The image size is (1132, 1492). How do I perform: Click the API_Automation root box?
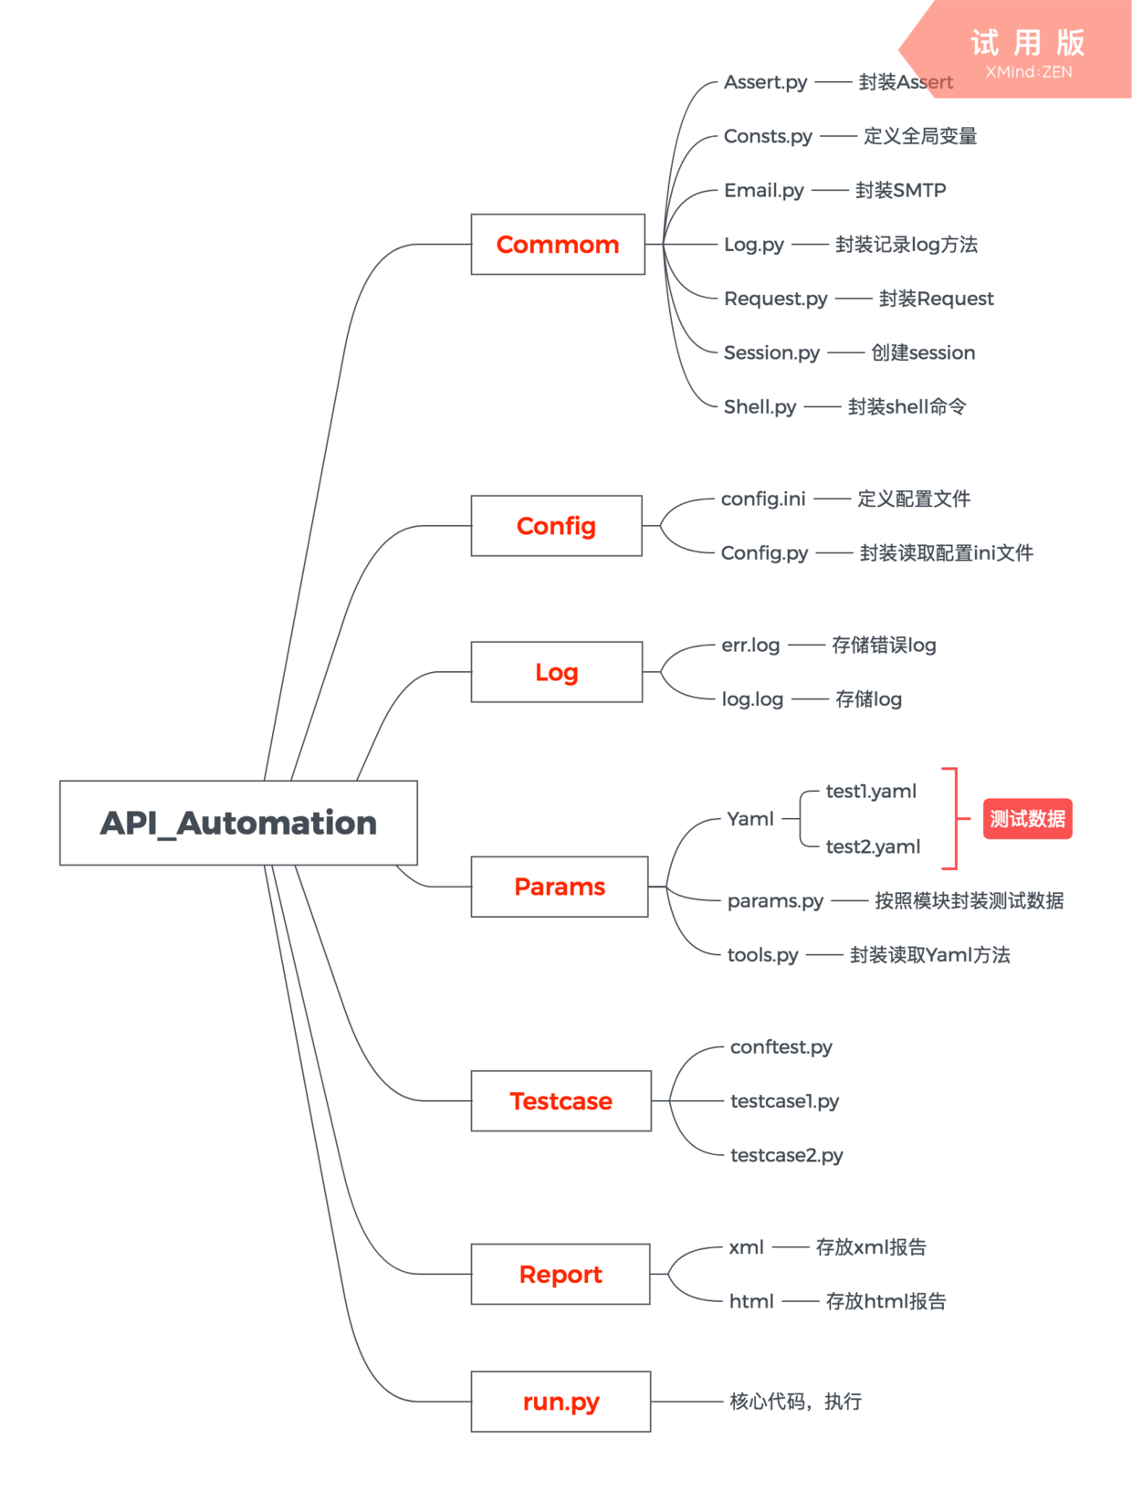[238, 823]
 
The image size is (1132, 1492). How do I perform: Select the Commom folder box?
[558, 245]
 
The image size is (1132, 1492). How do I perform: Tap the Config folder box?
[556, 526]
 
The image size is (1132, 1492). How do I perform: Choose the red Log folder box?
[556, 672]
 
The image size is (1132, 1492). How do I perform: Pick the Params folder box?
[559, 887]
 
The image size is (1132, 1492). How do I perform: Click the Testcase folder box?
[561, 1101]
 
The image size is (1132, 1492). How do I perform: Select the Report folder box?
[560, 1274]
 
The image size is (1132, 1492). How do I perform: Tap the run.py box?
[561, 1402]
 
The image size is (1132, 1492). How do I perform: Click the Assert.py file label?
[765, 82]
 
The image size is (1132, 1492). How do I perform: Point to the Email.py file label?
[763, 190]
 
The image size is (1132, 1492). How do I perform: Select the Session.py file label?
[771, 352]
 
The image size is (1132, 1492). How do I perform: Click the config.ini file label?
[763, 499]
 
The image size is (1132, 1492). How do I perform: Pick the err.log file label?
[750, 645]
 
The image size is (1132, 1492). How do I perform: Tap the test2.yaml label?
[873, 846]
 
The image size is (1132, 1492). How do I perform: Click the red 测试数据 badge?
[1027, 819]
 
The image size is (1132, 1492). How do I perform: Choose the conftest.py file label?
[781, 1046]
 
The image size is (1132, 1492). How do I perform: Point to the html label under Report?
[751, 1301]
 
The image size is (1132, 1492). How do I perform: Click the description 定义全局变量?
[920, 136]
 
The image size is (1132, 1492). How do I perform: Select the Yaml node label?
[750, 819]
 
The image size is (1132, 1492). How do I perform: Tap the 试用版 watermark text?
[1028, 43]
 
